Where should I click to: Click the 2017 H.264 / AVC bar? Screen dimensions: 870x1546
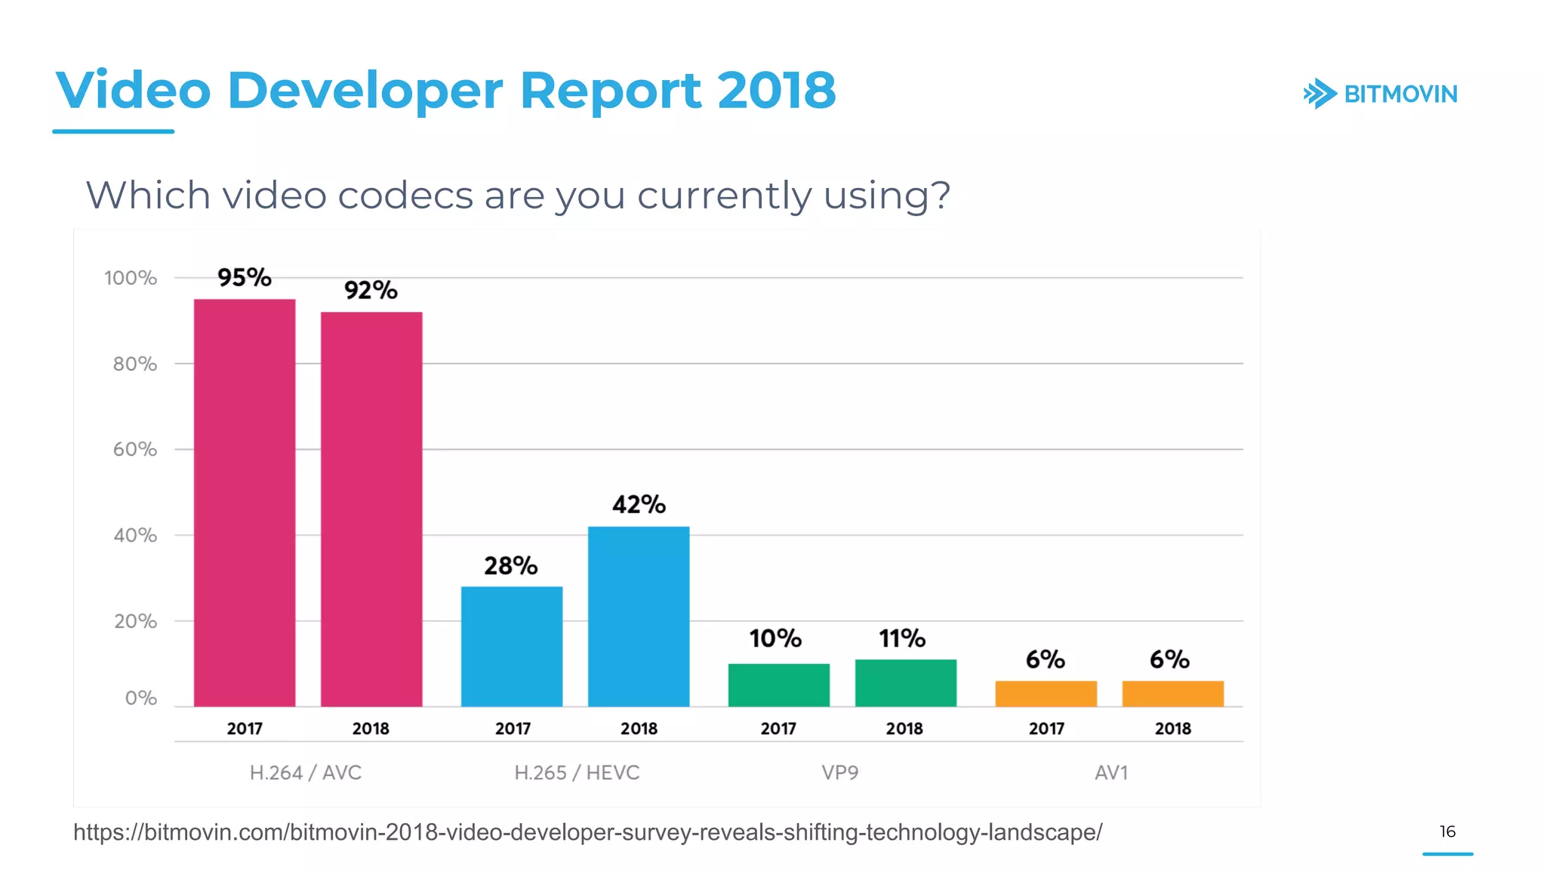tap(245, 502)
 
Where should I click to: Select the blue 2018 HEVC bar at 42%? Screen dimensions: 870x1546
tap(639, 616)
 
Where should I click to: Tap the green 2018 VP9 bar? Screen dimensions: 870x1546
tap(905, 683)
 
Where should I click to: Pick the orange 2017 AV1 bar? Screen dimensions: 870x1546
tap(1046, 693)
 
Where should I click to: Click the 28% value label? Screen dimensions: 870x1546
tap(510, 566)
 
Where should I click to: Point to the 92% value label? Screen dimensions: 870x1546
tap(371, 290)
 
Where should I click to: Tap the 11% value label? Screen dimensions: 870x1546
tap(901, 639)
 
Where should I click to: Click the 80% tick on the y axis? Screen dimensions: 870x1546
tap(135, 364)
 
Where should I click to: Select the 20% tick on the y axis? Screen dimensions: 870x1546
tap(135, 622)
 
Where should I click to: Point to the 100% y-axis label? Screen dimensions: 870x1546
tap(131, 278)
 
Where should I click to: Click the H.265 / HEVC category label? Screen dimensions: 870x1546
tap(577, 773)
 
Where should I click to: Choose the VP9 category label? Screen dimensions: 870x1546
tap(840, 773)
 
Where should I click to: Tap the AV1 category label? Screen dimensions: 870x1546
tap(1111, 773)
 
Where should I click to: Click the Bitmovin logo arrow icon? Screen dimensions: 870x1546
tap(1320, 94)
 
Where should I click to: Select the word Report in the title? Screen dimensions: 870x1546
tap(610, 91)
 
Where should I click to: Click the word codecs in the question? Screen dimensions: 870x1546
tap(405, 196)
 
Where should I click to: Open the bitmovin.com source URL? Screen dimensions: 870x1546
tap(587, 832)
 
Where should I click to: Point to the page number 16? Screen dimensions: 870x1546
tap(1447, 831)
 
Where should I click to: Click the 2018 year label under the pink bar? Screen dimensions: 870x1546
tap(371, 729)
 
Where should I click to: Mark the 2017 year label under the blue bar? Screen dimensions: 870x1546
tap(513, 729)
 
